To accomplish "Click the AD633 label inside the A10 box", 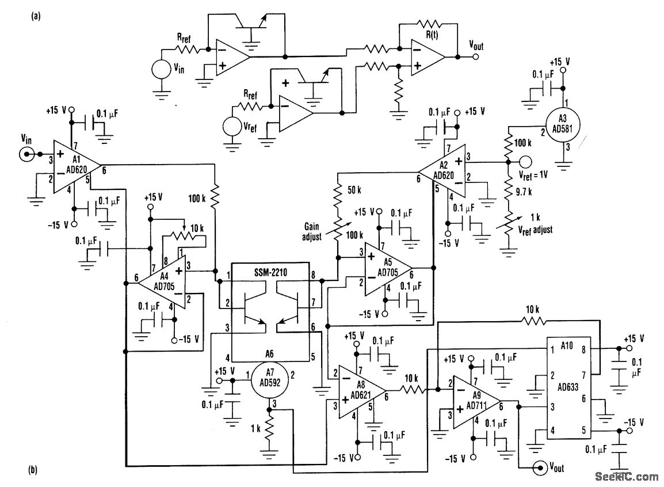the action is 567,387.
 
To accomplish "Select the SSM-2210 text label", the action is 270,273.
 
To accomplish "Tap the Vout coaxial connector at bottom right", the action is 540,467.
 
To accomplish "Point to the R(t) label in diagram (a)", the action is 432,35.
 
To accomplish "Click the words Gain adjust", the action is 312,231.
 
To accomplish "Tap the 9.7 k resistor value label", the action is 524,192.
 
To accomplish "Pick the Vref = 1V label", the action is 533,174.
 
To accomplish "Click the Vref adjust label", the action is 535,230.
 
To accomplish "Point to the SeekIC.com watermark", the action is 627,477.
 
